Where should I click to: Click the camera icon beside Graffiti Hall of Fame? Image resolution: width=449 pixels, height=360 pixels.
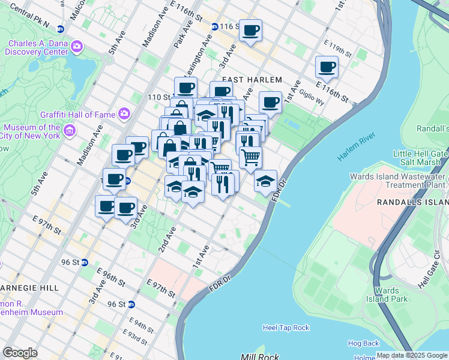124,113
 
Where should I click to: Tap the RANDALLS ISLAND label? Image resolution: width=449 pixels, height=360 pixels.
413,203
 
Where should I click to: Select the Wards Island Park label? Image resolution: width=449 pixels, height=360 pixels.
391,295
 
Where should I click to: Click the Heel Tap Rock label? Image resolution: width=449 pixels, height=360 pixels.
286,328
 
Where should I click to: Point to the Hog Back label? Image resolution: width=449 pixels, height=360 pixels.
363,343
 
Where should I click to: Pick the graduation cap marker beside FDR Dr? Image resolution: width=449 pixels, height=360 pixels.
265,181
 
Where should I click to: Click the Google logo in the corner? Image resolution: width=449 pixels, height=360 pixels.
20,353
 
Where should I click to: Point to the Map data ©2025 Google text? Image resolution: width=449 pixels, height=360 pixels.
412,355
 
